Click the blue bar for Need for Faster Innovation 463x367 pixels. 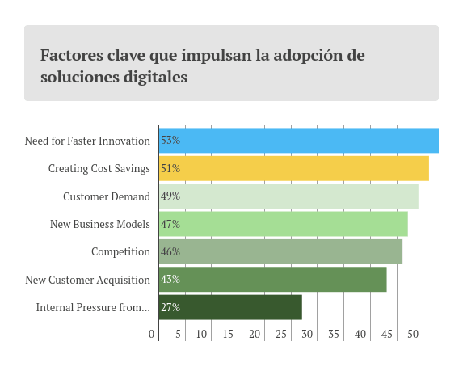click(299, 141)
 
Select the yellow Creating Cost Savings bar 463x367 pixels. click(293, 168)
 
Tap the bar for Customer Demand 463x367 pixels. click(288, 196)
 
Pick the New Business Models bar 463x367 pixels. click(283, 224)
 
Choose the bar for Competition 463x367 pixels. click(280, 251)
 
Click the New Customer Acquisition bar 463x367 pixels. click(272, 280)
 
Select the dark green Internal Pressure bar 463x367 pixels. click(230, 307)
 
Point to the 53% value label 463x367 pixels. click(170, 141)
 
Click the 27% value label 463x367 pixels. click(170, 307)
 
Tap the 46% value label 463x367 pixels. click(170, 251)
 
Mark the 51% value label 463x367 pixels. click(170, 168)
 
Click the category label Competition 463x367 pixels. click(120, 251)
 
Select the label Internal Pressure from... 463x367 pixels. click(93, 307)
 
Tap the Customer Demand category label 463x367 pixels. click(107, 196)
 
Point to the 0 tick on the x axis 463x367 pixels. click(152, 334)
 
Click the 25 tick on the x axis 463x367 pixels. click(280, 334)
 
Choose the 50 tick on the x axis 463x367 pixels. click(413, 334)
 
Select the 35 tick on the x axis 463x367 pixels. click(334, 334)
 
